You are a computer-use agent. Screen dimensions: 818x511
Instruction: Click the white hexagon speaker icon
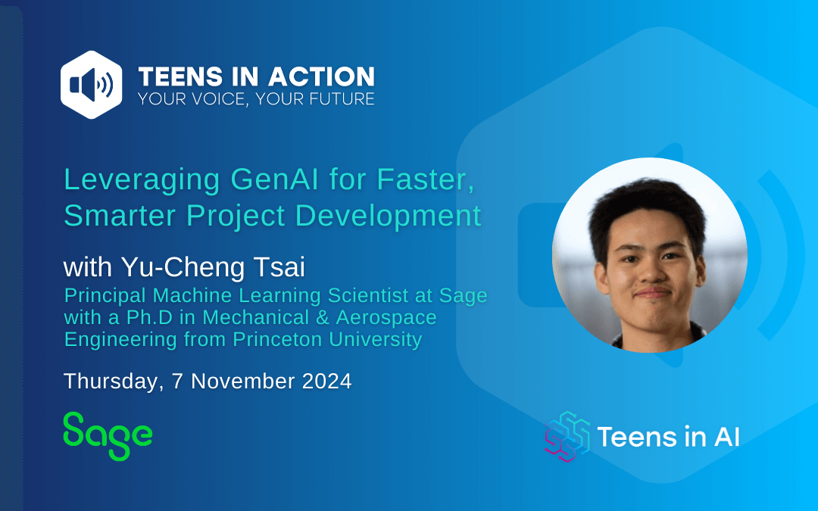(x=92, y=85)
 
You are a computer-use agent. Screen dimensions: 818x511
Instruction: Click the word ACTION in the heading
(x=321, y=76)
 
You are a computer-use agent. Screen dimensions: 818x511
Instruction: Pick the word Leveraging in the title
(x=142, y=180)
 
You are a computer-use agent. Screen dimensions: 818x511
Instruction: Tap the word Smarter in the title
(x=122, y=215)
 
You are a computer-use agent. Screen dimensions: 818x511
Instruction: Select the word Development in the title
(x=388, y=216)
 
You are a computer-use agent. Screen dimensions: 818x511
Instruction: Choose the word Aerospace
(x=386, y=318)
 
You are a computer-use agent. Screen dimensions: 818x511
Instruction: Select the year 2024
(x=326, y=381)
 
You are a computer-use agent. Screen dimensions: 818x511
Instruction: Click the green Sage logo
(x=108, y=436)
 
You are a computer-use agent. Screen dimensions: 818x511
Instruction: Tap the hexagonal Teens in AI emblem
(x=567, y=437)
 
